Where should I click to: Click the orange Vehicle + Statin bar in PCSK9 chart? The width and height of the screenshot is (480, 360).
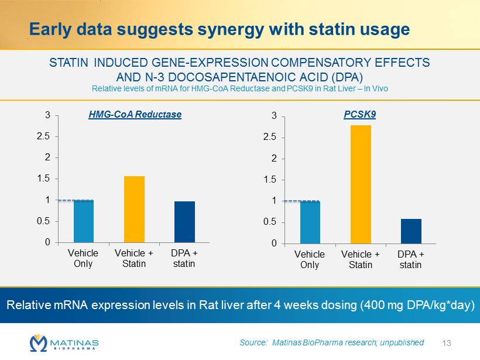(x=361, y=184)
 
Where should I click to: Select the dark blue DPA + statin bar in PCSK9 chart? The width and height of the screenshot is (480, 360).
(x=411, y=231)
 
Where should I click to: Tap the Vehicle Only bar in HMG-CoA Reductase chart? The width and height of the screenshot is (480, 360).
(x=83, y=221)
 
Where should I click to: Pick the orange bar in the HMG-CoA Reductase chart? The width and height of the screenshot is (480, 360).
(x=134, y=209)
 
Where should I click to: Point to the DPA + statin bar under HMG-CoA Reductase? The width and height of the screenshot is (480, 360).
(x=184, y=221)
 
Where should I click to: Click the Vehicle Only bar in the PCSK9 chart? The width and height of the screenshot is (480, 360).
(x=310, y=222)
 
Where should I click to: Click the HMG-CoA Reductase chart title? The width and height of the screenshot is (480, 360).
(x=135, y=115)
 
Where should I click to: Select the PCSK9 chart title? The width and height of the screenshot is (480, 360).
(x=360, y=115)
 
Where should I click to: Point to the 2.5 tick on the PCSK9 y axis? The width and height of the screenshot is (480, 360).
(x=269, y=138)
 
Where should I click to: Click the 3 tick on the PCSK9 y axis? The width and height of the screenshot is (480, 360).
(x=273, y=116)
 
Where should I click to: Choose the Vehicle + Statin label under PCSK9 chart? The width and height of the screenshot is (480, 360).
(x=361, y=259)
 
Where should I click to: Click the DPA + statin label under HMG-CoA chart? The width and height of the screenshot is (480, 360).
(x=184, y=258)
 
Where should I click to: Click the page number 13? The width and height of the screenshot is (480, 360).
(x=449, y=342)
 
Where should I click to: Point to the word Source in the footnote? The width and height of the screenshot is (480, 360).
(x=253, y=342)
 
